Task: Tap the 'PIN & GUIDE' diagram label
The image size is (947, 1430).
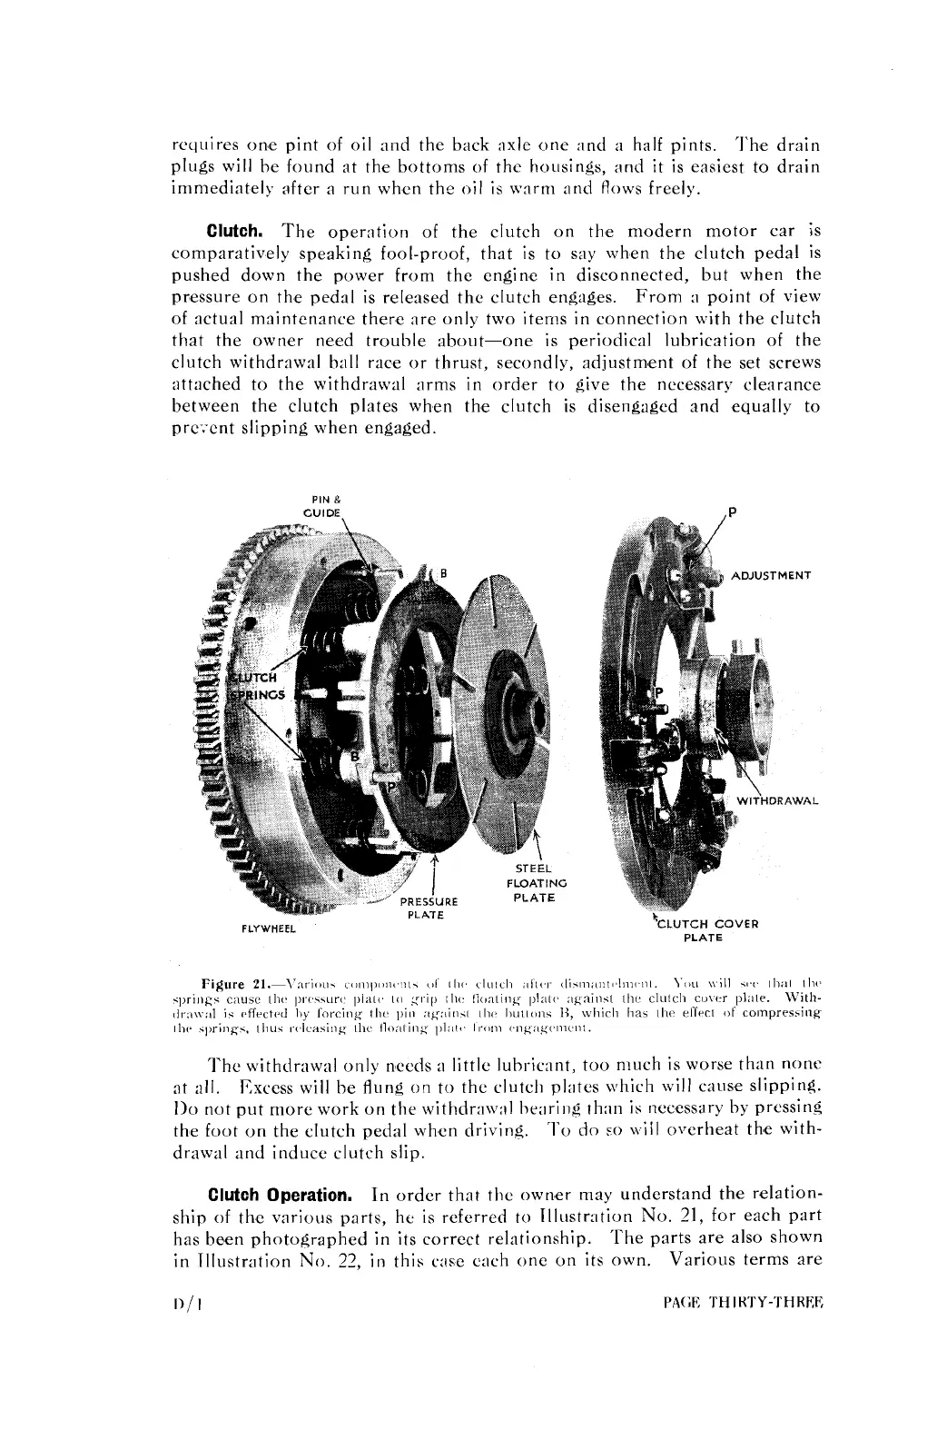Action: (324, 505)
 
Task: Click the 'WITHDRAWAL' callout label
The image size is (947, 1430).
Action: (777, 801)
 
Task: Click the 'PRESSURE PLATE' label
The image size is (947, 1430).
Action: (429, 909)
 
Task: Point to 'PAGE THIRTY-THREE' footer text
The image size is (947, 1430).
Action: (743, 1303)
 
